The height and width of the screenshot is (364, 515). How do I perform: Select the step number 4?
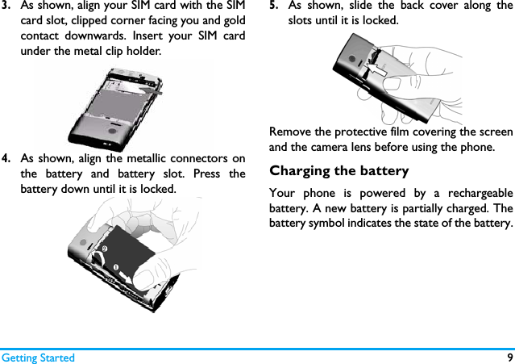(x=6, y=158)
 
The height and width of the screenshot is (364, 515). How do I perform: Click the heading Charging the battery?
(x=338, y=171)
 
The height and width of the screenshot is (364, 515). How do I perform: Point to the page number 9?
(x=509, y=358)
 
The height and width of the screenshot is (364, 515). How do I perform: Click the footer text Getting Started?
(x=38, y=358)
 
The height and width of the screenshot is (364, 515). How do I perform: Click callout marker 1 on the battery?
(x=116, y=266)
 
